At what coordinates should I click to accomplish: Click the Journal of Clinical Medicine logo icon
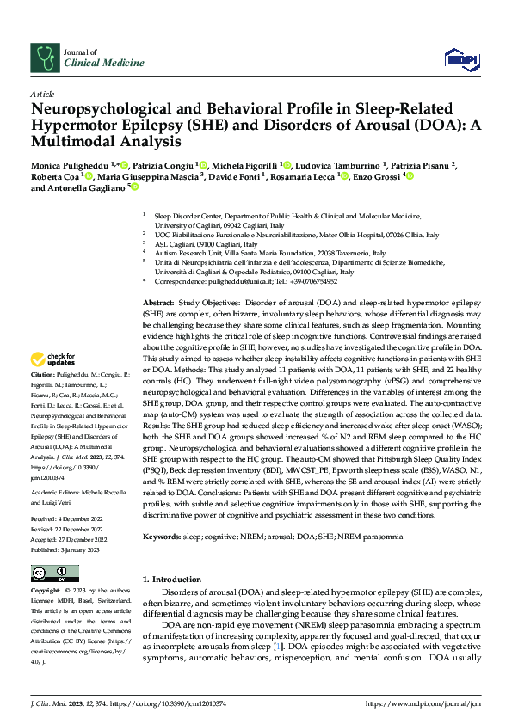coord(44,57)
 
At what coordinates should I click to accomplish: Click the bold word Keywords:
coord(162,512)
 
